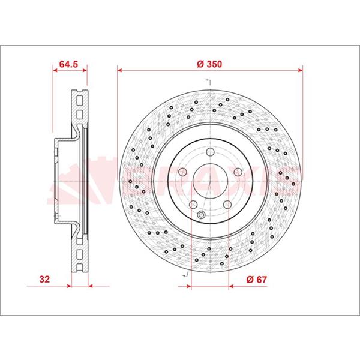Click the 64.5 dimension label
(x=68, y=64)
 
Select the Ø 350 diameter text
(x=209, y=64)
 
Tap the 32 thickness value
(x=44, y=280)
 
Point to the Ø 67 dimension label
(x=257, y=280)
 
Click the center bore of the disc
(x=210, y=181)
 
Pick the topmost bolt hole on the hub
(x=210, y=152)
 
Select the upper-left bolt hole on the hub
(x=182, y=172)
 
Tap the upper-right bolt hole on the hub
(x=238, y=172)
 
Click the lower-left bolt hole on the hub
(x=193, y=204)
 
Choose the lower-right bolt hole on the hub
(x=227, y=204)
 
